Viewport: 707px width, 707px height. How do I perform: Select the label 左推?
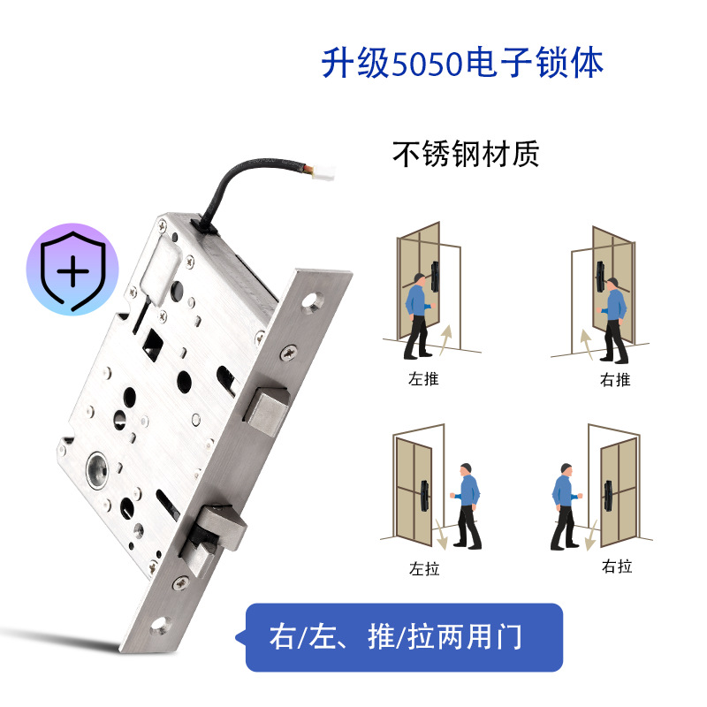click(423, 380)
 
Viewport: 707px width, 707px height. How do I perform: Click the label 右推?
click(616, 380)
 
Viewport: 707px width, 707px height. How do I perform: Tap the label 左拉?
click(424, 569)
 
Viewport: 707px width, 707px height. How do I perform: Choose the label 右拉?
click(616, 566)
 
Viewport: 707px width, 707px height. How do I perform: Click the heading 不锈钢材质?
click(465, 155)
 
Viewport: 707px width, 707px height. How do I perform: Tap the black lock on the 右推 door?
click(597, 277)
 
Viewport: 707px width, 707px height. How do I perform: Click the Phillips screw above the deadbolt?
click(290, 353)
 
